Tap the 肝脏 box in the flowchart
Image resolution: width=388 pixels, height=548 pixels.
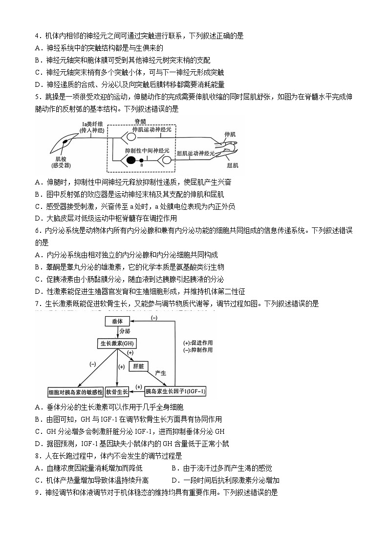coord(138,366)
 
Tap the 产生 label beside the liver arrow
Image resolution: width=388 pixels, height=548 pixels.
coord(161,372)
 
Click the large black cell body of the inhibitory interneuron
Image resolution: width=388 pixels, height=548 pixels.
coord(130,160)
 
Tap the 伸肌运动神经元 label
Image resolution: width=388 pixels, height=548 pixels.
coord(152,130)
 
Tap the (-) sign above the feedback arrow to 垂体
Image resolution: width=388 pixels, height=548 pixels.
coord(154,317)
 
